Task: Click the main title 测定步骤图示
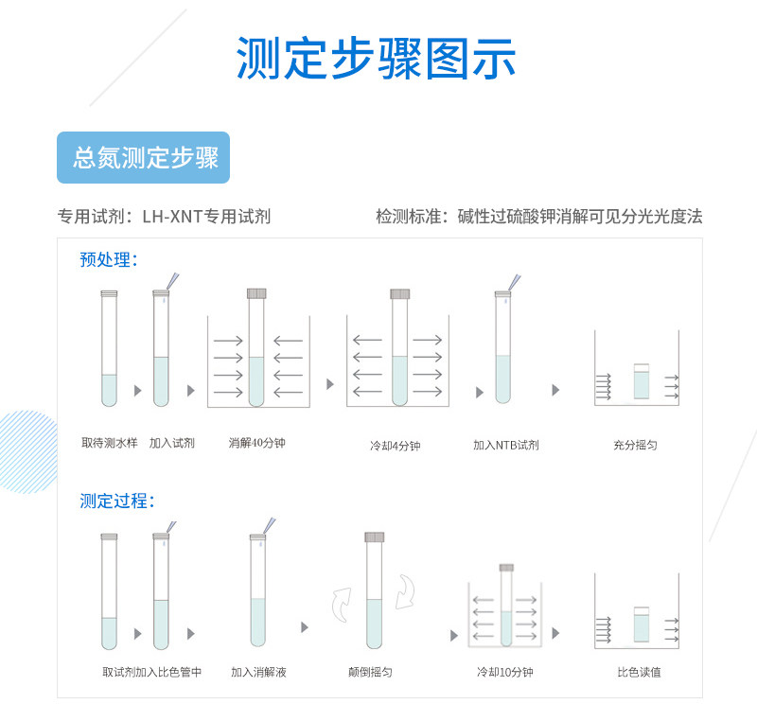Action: tap(377, 59)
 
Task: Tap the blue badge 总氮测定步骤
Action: tap(144, 158)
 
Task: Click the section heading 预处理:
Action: tap(109, 259)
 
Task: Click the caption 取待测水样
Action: tap(109, 443)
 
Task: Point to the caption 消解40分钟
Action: tap(256, 443)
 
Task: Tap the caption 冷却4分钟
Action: tap(395, 445)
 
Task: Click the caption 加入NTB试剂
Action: tap(506, 445)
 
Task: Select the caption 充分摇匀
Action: tap(635, 445)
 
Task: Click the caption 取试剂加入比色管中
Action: tap(151, 673)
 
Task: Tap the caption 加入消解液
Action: tap(258, 673)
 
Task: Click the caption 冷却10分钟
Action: tap(505, 673)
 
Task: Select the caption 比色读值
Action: tap(639, 673)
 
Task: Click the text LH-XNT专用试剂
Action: tap(206, 217)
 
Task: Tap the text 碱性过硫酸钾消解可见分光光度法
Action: tap(580, 217)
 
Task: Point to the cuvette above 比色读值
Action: tap(642, 625)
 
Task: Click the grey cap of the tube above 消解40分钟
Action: tap(256, 293)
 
